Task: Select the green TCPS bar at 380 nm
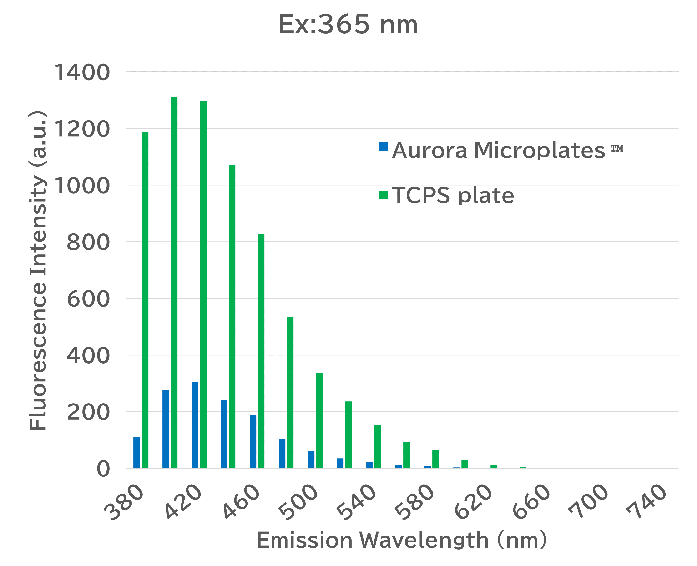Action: (x=145, y=300)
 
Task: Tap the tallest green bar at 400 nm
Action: (x=174, y=282)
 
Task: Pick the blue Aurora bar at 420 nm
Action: (x=195, y=425)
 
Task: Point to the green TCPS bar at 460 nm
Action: (x=261, y=351)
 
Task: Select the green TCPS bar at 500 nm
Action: (x=319, y=420)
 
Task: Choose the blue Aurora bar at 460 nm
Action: (x=253, y=441)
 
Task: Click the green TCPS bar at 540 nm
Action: (x=377, y=446)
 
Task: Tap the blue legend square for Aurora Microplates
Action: (x=383, y=147)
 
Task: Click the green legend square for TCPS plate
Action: (x=383, y=195)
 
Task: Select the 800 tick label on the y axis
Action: (x=88, y=242)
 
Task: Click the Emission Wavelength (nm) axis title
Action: (x=402, y=540)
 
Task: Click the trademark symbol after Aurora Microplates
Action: (x=617, y=148)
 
